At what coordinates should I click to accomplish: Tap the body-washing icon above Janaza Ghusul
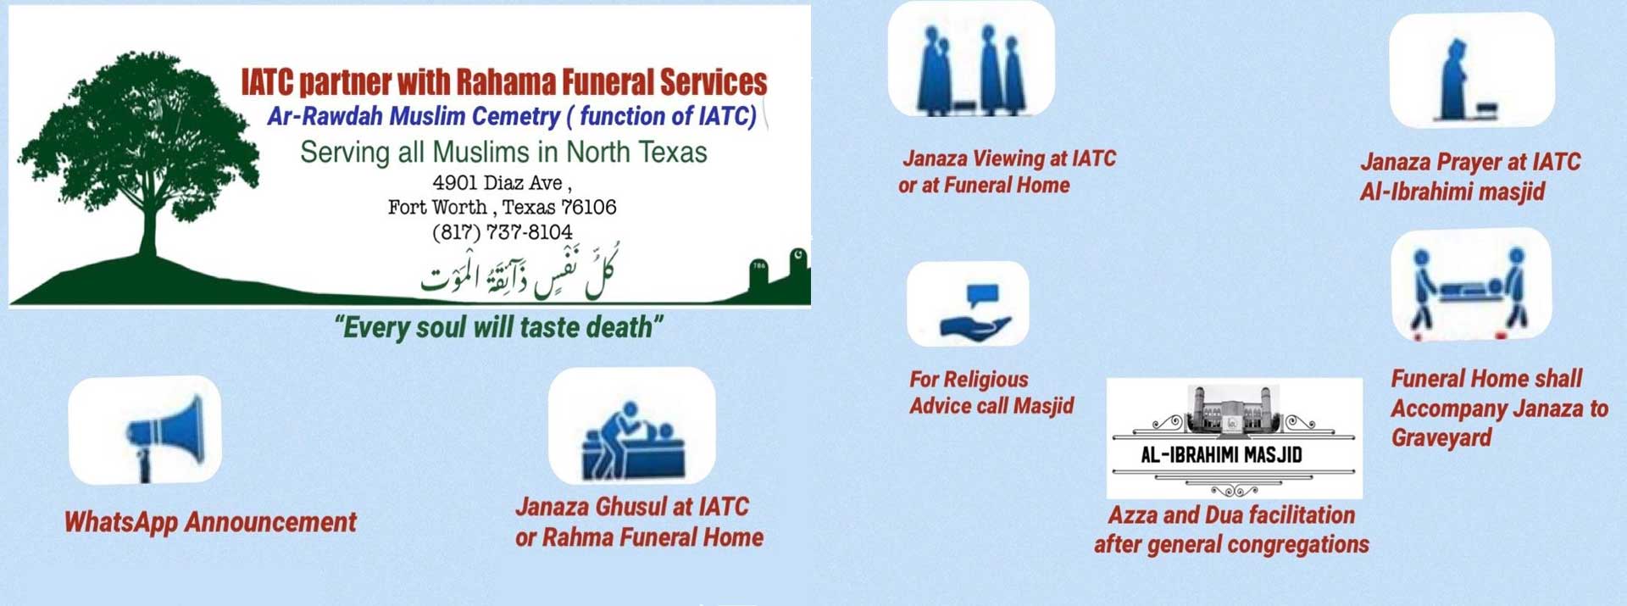pos(633,441)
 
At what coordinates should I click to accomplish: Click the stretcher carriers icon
pos(1469,288)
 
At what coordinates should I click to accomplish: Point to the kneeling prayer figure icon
pos(1465,81)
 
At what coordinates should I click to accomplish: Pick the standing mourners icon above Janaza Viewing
pos(972,69)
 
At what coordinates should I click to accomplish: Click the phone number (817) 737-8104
pos(503,232)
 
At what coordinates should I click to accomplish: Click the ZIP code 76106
pos(588,207)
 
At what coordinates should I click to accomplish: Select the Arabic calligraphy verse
pos(519,270)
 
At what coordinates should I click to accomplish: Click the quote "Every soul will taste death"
pos(499,327)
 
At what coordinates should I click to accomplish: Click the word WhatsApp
pos(121,522)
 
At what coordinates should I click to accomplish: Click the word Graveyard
pos(1441,438)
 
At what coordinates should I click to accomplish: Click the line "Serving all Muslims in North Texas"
pos(503,153)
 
